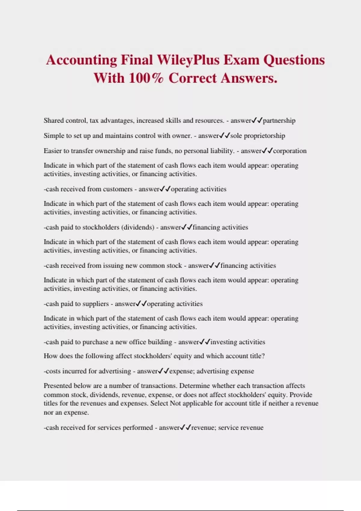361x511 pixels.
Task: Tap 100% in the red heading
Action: pyautogui.click(x=146, y=78)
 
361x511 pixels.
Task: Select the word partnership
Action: pyautogui.click(x=279, y=121)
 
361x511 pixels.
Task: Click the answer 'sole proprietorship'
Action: pyautogui.click(x=258, y=136)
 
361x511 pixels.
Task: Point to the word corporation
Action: pyautogui.click(x=290, y=151)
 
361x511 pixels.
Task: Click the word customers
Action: pyautogui.click(x=118, y=189)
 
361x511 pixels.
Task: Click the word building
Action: pyautogui.click(x=158, y=342)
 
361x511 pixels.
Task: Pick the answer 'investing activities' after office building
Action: pyautogui.click(x=238, y=342)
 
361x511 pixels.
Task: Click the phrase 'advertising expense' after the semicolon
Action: pyautogui.click(x=225, y=371)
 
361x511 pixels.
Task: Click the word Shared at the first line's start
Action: pyautogui.click(x=54, y=121)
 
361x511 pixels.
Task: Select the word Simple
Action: pyautogui.click(x=54, y=136)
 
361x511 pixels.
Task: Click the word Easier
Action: pyautogui.click(x=53, y=151)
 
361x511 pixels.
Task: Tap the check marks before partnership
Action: pyautogui.click(x=257, y=121)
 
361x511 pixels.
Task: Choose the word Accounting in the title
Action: pyautogui.click(x=81, y=60)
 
